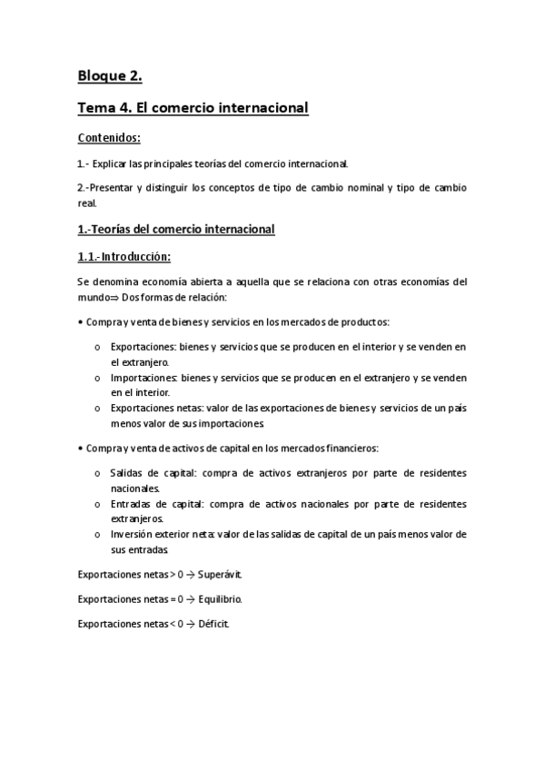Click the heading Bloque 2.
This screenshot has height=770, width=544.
[x=110, y=76]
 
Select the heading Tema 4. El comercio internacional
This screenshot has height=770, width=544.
[x=193, y=108]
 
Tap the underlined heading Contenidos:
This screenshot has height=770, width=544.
[x=109, y=139]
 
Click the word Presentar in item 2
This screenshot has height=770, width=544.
[x=120, y=188]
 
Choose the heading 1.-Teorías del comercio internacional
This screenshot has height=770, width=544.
[x=175, y=230]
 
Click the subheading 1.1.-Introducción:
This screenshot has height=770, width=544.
[x=124, y=257]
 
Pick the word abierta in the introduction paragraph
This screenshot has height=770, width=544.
[x=208, y=281]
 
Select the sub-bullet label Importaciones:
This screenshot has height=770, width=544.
[x=144, y=377]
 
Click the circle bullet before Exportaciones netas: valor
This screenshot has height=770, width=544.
[x=97, y=409]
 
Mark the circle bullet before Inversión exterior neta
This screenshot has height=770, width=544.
[x=97, y=535]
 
